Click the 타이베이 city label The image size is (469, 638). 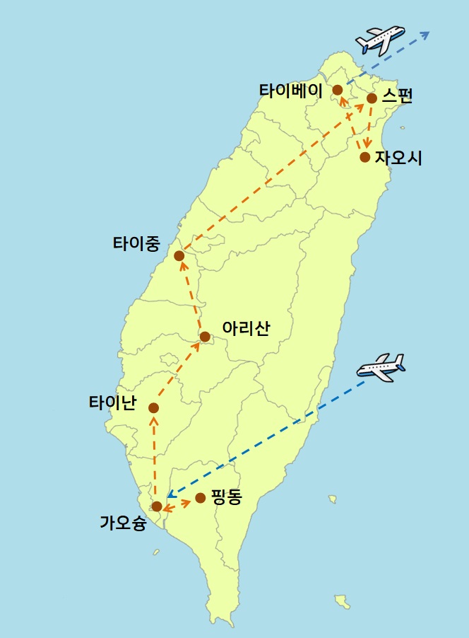coord(290,91)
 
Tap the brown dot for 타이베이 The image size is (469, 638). coord(338,90)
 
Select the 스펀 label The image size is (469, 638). coord(397,97)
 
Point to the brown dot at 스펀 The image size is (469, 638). coord(372,98)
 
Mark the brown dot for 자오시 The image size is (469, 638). coord(364,157)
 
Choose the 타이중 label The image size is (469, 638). coord(136,244)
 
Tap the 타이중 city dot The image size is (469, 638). coord(179,255)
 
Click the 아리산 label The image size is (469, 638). coord(245,329)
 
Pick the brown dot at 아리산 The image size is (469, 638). coord(204,337)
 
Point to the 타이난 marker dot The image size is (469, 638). coord(153,408)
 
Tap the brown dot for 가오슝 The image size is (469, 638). coord(157,506)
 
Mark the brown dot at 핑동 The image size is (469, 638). coord(200,498)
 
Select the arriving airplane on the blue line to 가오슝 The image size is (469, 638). coord(381,368)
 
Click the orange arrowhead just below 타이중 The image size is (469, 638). coord(182,266)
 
